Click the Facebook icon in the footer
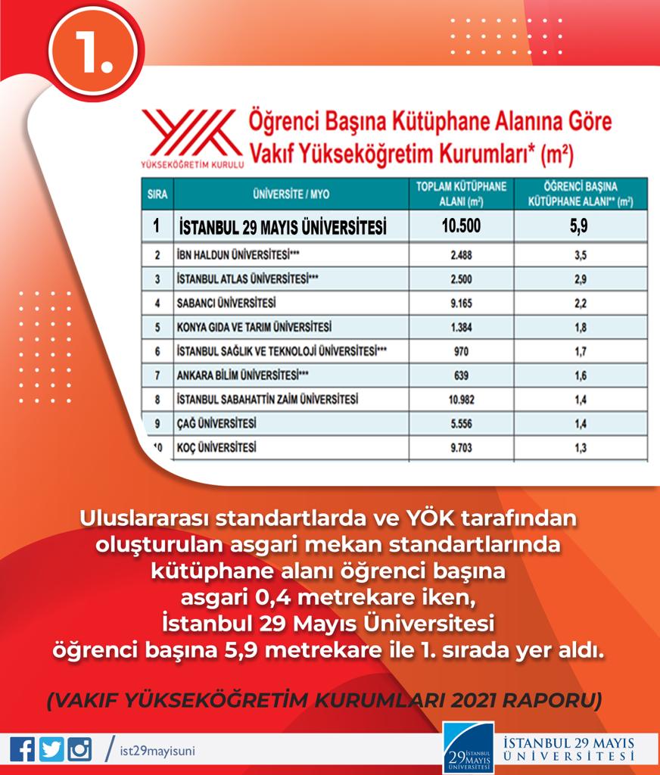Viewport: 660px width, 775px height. [x=23, y=749]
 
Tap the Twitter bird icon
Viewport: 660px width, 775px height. [x=51, y=749]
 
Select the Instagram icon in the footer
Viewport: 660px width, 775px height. [x=79, y=749]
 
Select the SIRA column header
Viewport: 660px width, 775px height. [x=157, y=194]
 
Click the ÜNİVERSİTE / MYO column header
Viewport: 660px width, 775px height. [x=291, y=194]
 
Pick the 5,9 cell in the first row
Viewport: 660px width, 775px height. [x=580, y=226]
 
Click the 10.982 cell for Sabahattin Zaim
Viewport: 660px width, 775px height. [x=461, y=400]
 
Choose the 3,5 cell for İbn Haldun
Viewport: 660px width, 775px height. [x=580, y=255]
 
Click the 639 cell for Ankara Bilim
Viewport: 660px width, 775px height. [x=461, y=375]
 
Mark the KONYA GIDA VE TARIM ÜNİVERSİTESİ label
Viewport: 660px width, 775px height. [x=254, y=327]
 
